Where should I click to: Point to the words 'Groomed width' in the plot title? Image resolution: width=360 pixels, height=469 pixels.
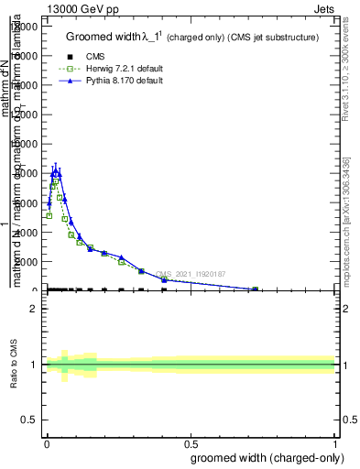pos(102,37)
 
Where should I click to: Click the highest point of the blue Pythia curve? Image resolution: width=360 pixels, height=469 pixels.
pos(56,170)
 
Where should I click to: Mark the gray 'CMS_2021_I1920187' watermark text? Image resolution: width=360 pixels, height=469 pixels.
pos(191,274)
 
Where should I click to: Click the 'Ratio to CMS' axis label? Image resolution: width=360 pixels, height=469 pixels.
pos(15,365)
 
